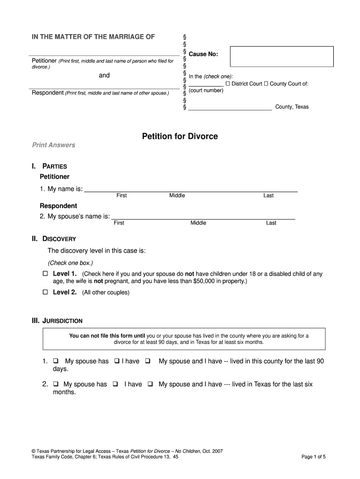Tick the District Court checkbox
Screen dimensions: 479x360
[228, 84]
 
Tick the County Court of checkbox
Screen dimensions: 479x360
[266, 84]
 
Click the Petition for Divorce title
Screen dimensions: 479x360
[180, 137]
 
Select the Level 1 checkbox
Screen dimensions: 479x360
[45, 273]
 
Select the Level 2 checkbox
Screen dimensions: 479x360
[45, 292]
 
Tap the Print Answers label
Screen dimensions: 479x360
[53, 145]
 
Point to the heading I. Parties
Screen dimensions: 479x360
[49, 166]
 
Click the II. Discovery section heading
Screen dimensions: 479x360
[54, 239]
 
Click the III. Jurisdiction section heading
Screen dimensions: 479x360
[57, 321]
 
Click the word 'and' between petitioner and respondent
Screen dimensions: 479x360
[104, 75]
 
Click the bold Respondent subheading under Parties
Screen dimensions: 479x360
[58, 206]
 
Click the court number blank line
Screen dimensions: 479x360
[206, 84]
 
